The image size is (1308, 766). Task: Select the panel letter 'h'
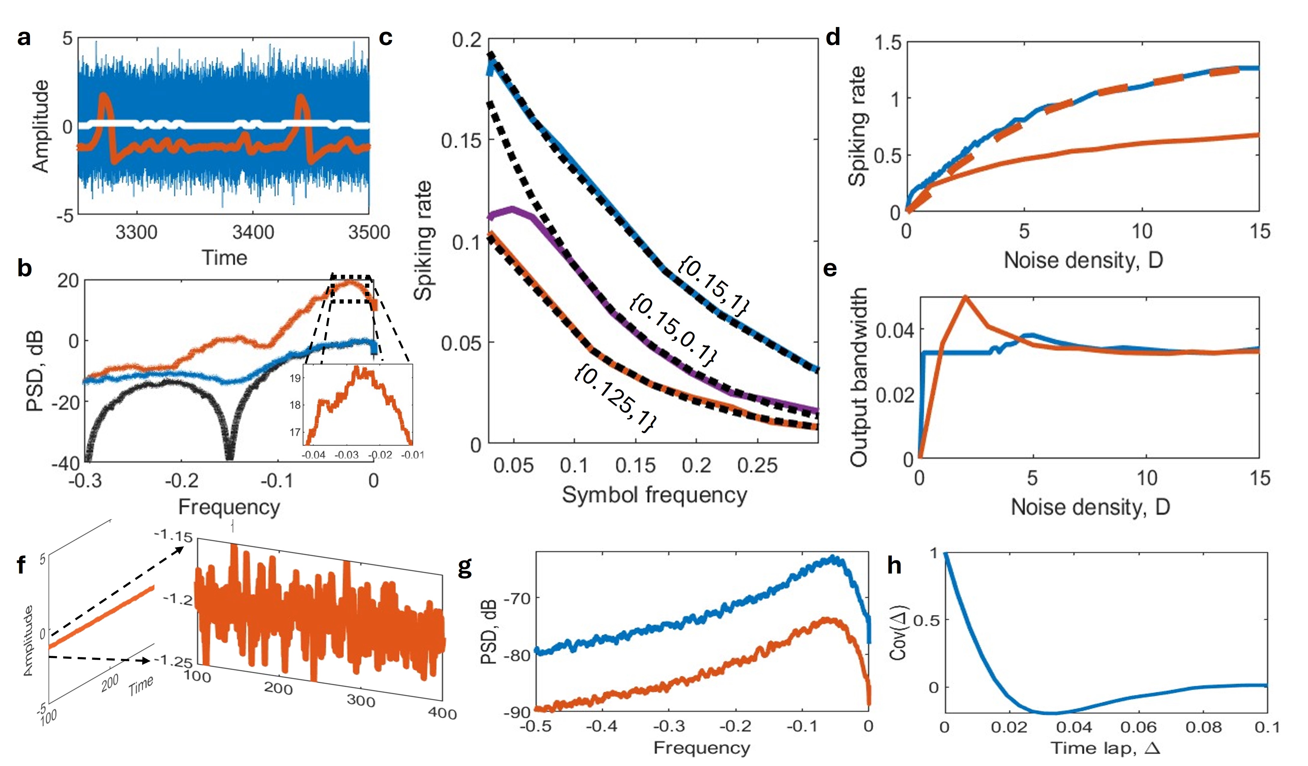click(894, 565)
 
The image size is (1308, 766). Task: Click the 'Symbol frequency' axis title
click(654, 495)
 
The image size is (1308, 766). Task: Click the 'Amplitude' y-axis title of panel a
click(41, 126)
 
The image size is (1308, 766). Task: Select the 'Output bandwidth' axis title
click(859, 377)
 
